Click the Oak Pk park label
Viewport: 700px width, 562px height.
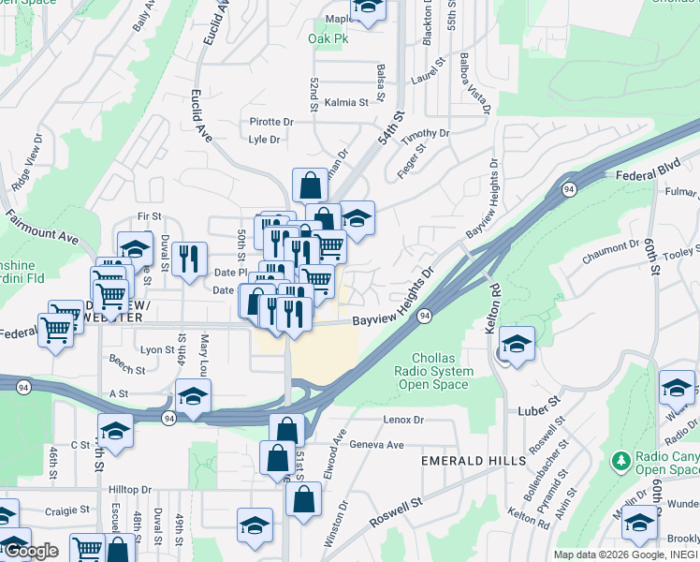[x=327, y=39]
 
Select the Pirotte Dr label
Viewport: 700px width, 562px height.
[x=271, y=122]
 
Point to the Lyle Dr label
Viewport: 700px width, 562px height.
[x=264, y=140]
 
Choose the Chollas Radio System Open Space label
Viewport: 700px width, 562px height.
[x=443, y=371]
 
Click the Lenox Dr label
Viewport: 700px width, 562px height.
[x=403, y=421]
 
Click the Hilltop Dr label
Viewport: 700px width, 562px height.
[x=130, y=489]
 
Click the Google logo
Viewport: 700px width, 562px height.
[x=31, y=551]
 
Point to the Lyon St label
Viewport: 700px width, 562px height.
[x=151, y=349]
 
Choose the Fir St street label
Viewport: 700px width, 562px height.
[x=143, y=216]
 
